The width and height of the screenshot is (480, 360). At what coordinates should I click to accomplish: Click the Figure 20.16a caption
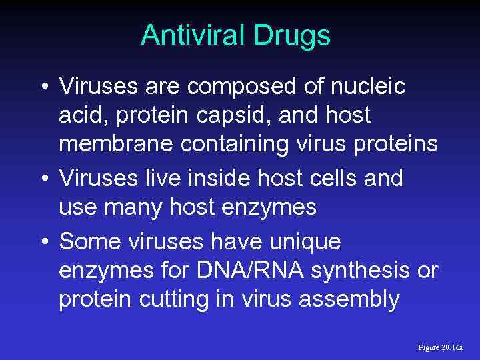(440, 347)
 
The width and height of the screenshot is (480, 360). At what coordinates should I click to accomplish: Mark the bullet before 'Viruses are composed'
(44, 87)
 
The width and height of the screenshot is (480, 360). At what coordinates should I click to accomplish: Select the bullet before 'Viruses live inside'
(44, 179)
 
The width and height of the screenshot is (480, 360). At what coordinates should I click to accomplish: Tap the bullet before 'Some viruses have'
(44, 241)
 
